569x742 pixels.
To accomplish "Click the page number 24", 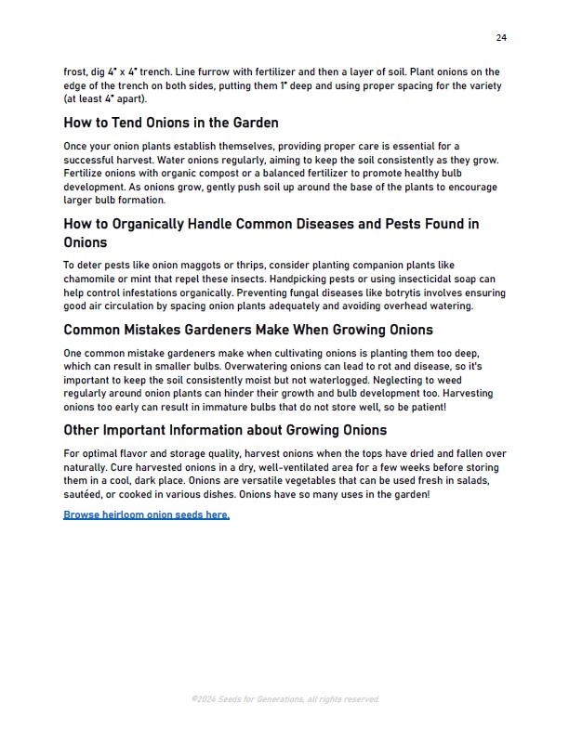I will tap(501, 38).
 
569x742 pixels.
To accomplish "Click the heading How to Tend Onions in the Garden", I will tap(171, 123).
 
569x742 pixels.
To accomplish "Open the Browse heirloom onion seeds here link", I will tap(146, 514).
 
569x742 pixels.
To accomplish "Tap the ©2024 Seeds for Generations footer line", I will tap(284, 699).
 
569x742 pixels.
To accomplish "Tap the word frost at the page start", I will tap(77, 72).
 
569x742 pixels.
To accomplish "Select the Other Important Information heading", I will tap(225, 430).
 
